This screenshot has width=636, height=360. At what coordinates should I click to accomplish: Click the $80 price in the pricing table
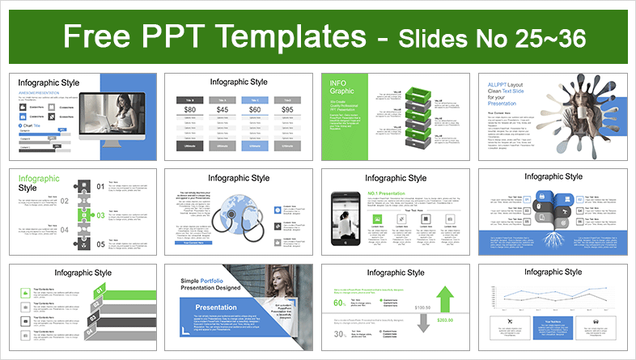(x=189, y=110)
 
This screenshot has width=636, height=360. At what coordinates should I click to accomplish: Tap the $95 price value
(x=286, y=110)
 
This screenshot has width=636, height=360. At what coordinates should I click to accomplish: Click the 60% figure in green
(x=341, y=303)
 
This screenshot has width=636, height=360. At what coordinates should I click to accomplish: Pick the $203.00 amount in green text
(x=444, y=320)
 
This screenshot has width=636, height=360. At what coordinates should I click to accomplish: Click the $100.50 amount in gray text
(x=422, y=307)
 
